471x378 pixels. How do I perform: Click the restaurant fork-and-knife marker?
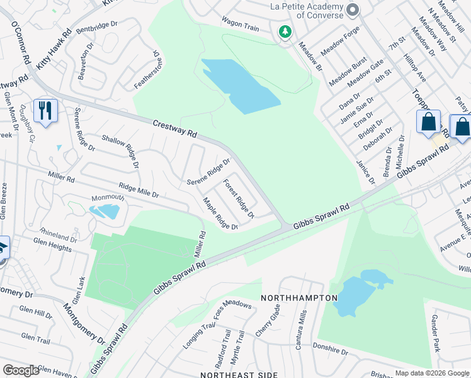tap(45, 111)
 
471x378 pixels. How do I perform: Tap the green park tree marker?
tap(285, 31)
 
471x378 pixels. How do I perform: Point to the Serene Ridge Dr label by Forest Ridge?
tap(208, 173)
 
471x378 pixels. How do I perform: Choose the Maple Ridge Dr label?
tap(220, 214)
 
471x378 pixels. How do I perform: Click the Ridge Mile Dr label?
tap(139, 190)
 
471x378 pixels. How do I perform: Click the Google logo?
tap(21, 370)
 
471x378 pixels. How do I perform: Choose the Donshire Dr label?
tap(330, 350)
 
